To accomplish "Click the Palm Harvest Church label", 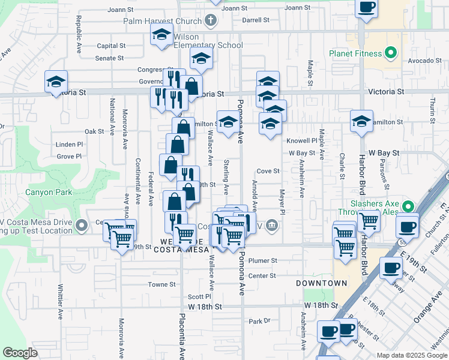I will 162,21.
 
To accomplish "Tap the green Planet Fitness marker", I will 391,53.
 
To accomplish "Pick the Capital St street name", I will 111,46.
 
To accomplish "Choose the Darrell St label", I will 256,20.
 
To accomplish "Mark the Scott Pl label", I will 199,296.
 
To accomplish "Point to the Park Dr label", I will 260,321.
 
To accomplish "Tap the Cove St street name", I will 268,171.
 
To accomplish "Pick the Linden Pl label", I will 69,145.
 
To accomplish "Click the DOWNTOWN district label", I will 322,283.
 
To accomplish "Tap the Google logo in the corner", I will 20,353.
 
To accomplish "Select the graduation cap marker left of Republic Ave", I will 56,82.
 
